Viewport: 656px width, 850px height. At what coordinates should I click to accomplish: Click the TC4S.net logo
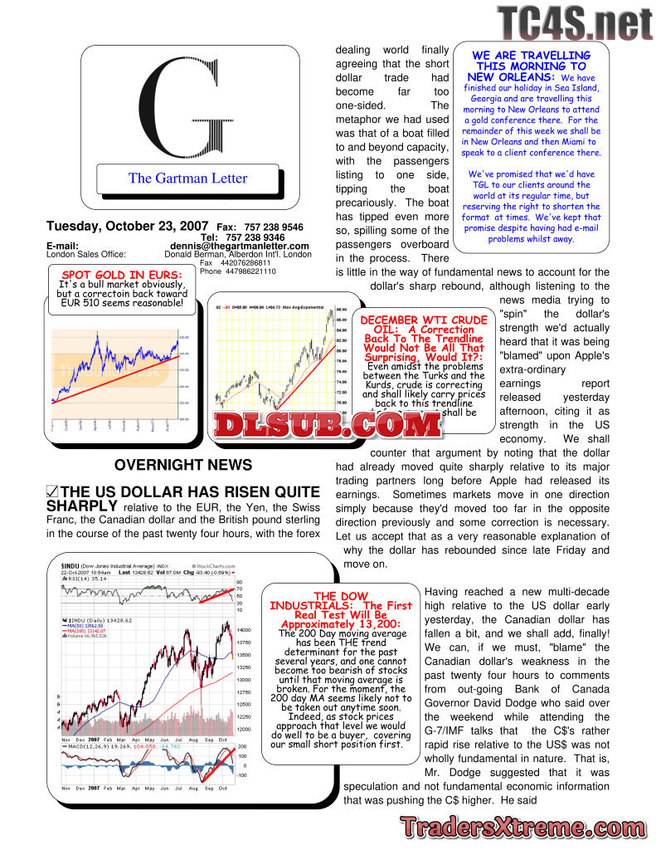(x=575, y=25)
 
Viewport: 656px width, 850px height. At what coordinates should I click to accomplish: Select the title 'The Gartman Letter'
(x=187, y=178)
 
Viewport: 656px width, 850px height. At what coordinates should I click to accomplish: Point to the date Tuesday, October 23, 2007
(x=128, y=227)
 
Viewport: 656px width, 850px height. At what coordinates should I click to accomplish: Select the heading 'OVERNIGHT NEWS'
(x=183, y=466)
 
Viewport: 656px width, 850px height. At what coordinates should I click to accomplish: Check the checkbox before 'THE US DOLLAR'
(x=52, y=491)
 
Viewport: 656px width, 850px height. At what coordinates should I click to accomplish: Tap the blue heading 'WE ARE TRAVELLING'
(x=531, y=66)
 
